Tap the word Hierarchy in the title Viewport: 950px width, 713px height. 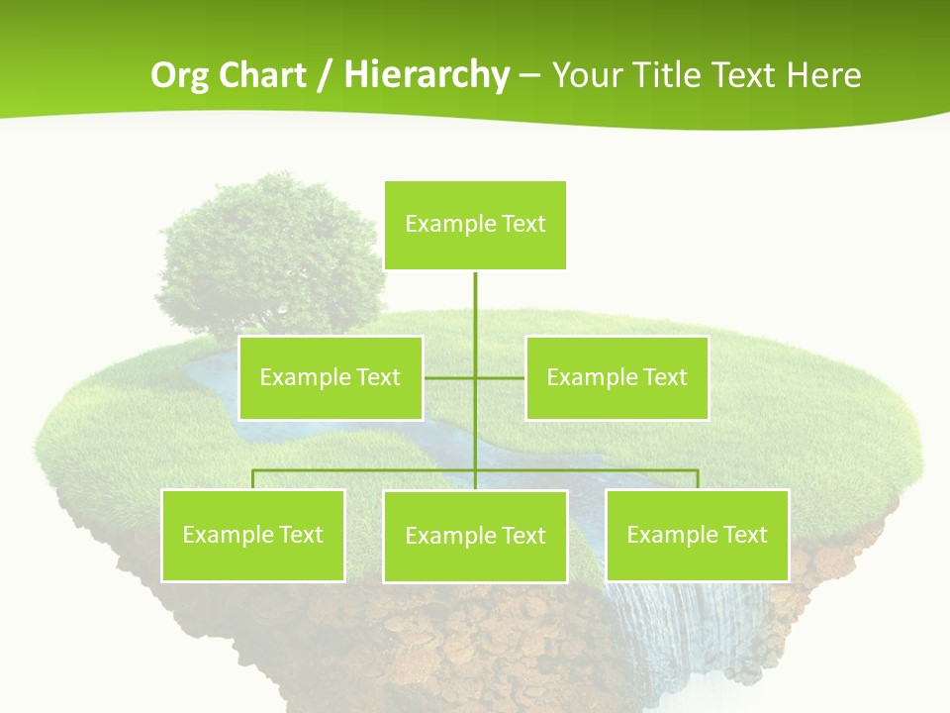point(426,75)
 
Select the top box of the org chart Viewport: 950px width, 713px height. point(475,225)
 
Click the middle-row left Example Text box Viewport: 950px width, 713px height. point(331,377)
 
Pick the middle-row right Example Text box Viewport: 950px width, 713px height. point(617,377)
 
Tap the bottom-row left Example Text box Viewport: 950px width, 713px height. point(252,535)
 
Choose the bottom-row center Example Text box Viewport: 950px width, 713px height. point(475,536)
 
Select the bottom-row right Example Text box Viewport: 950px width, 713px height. point(697,535)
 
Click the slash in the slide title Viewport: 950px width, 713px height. point(324,75)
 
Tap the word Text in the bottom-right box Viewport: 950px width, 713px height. point(743,535)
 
